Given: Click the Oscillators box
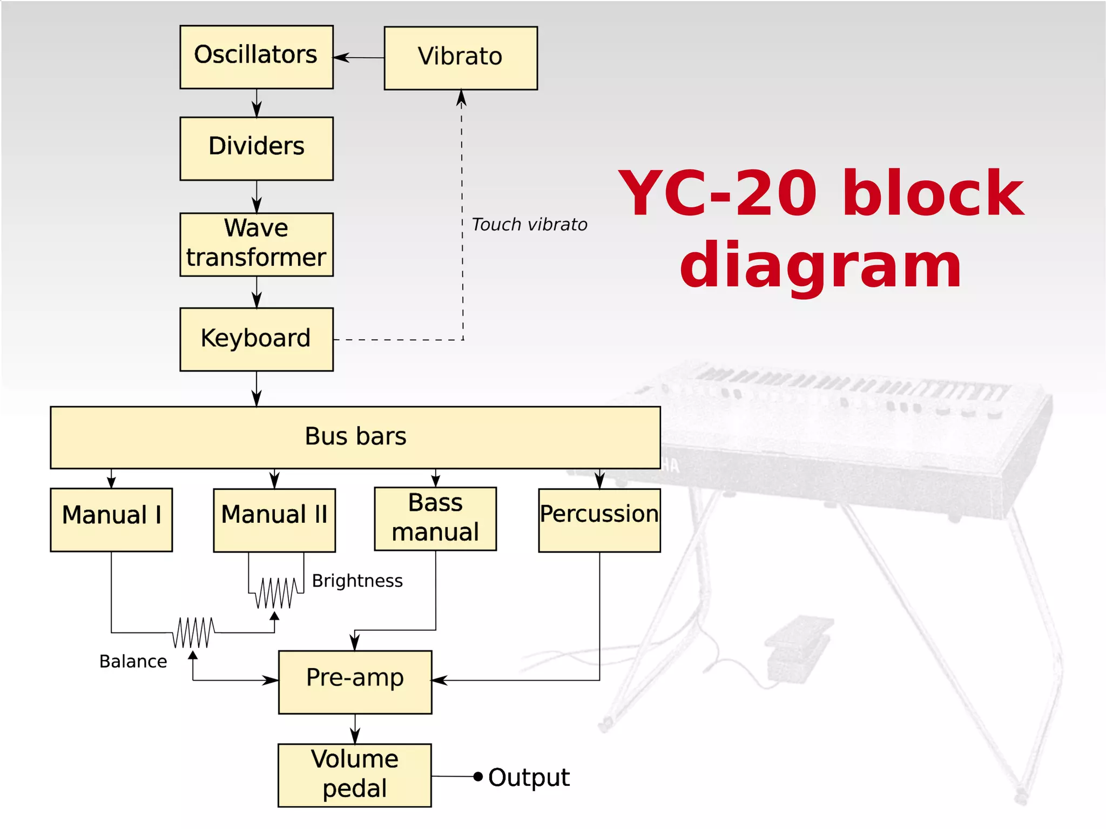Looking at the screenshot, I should tap(256, 57).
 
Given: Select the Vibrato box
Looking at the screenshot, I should tap(460, 58).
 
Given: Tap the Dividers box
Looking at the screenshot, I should tap(256, 149).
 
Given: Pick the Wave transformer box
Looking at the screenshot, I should tap(256, 244).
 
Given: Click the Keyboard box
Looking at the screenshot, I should tap(256, 339).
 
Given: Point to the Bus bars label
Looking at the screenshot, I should tap(355, 436).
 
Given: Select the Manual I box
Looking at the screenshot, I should tap(111, 520).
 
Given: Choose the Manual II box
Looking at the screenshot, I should tap(274, 520).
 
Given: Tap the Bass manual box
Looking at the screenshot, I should tap(435, 518).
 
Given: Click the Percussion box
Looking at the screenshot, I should tap(599, 520).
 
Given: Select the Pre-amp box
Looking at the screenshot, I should tap(355, 682).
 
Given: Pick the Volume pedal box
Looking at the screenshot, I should tap(354, 775).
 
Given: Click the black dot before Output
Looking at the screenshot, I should tap(477, 777).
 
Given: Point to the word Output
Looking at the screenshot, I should tap(529, 778).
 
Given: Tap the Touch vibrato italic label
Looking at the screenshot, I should tap(529, 225).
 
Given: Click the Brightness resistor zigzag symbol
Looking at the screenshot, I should tap(276, 592).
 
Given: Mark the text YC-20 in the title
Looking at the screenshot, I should tap(718, 193).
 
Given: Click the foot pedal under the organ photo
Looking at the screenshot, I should tap(797, 645).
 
